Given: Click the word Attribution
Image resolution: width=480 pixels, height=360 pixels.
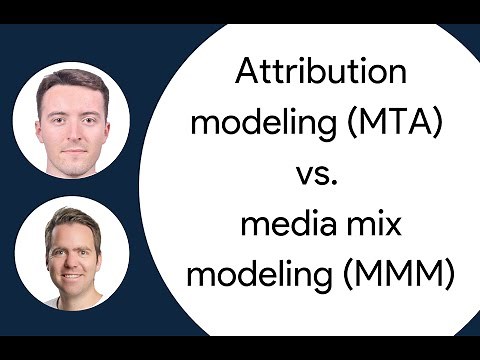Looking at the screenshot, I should click(x=321, y=73).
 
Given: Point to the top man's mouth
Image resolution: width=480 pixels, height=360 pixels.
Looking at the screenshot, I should click(x=71, y=143).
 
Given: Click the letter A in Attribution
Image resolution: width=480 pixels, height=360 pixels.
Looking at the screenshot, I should click(x=246, y=73).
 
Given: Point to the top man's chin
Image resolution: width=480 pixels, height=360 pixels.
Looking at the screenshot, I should click(x=71, y=158).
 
